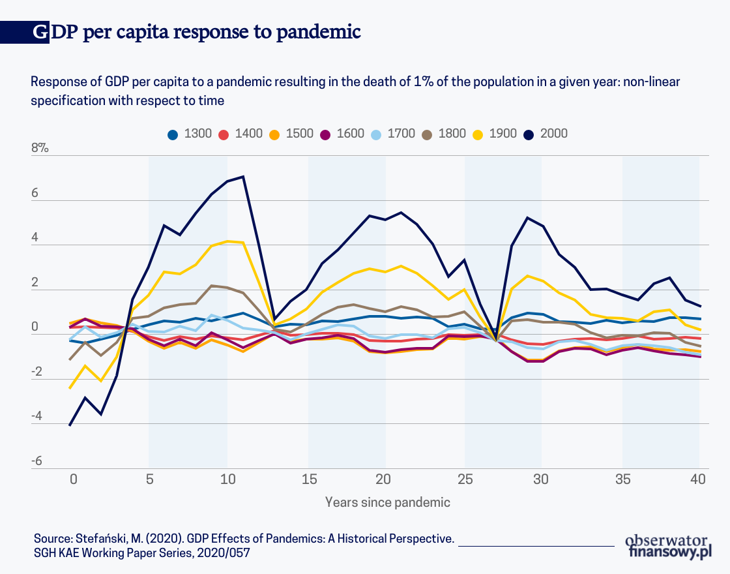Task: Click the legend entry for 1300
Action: tap(190, 134)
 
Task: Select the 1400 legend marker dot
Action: tap(224, 134)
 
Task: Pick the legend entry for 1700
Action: tap(393, 134)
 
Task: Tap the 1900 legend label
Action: tap(503, 134)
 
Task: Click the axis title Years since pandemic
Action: tap(388, 502)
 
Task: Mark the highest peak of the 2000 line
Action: tap(243, 176)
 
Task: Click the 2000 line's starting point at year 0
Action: tap(70, 425)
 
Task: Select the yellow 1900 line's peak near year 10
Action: tap(228, 241)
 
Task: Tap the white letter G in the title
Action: tap(40, 32)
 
